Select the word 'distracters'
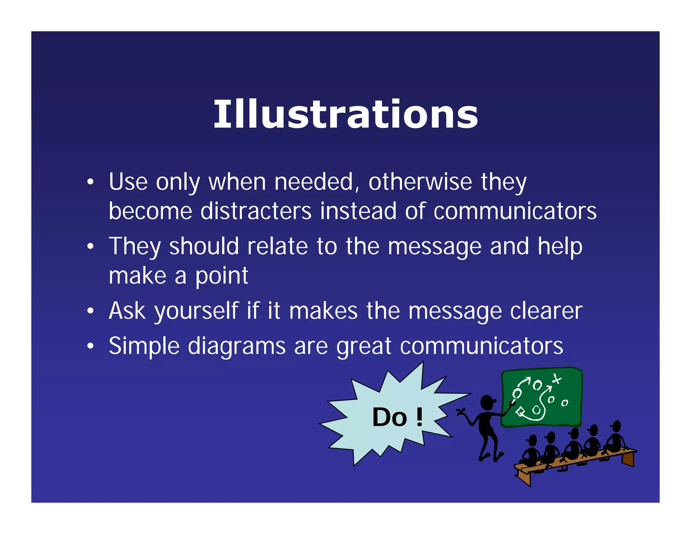(256, 211)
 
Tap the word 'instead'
(358, 211)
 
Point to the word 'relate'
(277, 246)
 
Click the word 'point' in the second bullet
(222, 276)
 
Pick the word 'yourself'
(196, 311)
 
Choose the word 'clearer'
(546, 311)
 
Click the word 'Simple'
(144, 346)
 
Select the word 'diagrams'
(237, 346)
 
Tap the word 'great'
(364, 346)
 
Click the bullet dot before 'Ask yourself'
(90, 311)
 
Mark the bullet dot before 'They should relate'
(90, 246)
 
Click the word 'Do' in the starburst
(390, 417)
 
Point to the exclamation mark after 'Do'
(419, 417)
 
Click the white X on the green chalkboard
(557, 379)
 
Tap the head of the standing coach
(487, 402)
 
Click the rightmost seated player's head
(616, 426)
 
